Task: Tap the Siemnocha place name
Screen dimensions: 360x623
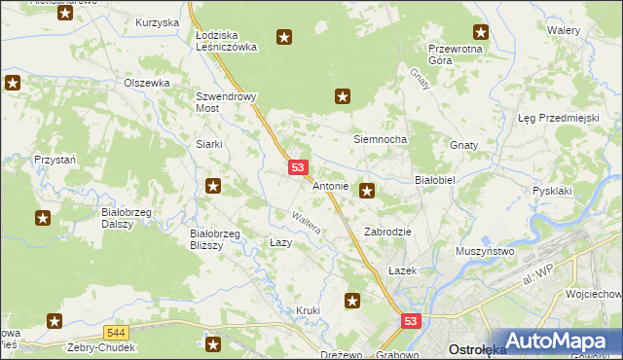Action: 380,140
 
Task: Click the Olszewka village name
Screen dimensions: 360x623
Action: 147,84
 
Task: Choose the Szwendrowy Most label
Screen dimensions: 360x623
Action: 220,103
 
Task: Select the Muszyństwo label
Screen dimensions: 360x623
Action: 485,251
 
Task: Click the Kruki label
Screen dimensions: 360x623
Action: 308,311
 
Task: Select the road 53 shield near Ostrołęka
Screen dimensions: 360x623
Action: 412,322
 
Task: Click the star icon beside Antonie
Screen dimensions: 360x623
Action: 367,191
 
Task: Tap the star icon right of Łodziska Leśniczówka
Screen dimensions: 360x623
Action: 284,38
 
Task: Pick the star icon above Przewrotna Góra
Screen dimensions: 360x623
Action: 480,32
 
